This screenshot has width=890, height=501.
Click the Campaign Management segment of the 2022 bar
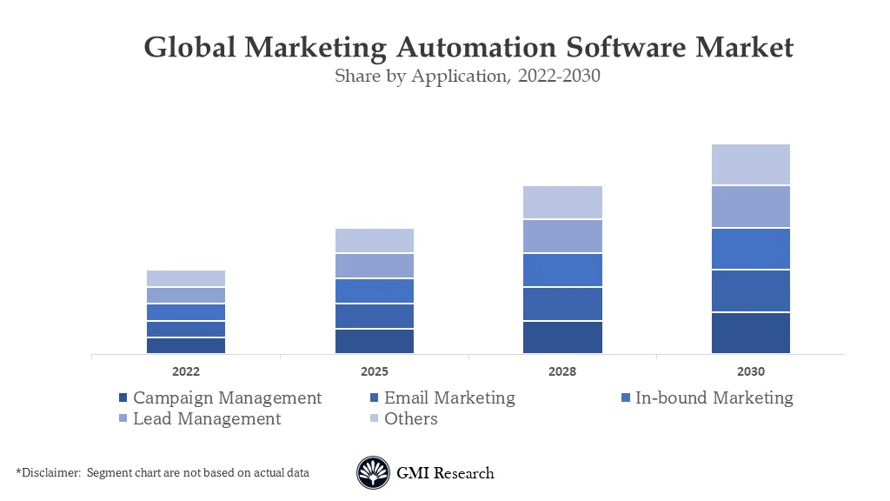[186, 345]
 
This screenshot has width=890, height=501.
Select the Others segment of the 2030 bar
[751, 164]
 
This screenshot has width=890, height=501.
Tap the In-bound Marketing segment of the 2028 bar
[562, 270]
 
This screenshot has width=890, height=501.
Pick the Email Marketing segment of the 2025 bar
[375, 316]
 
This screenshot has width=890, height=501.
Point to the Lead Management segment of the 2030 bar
[751, 206]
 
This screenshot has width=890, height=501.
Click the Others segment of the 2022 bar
[186, 278]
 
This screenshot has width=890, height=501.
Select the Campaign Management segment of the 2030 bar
[751, 332]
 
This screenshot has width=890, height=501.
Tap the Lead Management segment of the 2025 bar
[375, 265]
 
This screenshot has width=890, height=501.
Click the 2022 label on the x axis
[186, 371]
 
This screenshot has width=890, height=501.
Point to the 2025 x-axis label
[375, 371]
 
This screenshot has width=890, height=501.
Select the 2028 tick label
[562, 371]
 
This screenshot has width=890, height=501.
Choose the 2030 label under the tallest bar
[751, 371]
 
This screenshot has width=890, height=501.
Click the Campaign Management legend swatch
[123, 398]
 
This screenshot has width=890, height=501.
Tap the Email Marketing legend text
[449, 397]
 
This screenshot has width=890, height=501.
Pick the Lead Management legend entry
[207, 418]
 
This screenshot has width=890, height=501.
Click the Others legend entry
[410, 418]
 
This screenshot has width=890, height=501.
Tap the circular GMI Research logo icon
[373, 473]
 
